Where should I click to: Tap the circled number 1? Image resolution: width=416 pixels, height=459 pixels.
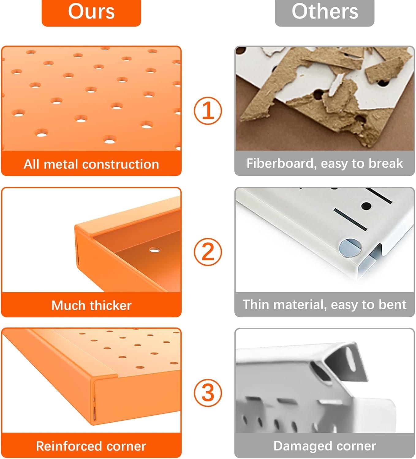click(x=208, y=111)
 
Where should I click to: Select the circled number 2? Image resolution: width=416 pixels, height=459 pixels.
click(x=208, y=252)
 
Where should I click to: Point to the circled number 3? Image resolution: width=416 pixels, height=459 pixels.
click(x=208, y=393)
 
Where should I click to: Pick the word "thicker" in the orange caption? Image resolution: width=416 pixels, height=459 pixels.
click(x=111, y=305)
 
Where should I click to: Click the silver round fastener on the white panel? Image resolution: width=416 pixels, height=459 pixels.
click(x=350, y=248)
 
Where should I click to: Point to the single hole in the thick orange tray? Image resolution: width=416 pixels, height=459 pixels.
click(x=154, y=250)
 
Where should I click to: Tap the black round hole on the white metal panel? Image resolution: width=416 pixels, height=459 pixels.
click(x=366, y=206)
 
